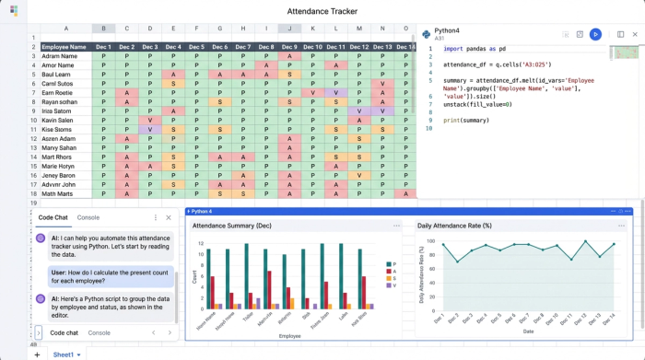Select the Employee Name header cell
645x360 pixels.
click(64, 46)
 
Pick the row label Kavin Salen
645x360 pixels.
click(58, 120)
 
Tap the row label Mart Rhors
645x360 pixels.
click(59, 157)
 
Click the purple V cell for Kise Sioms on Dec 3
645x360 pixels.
click(149, 129)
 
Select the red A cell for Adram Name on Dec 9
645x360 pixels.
click(289, 56)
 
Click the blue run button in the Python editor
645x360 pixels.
click(595, 34)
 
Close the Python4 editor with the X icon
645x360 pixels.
click(635, 34)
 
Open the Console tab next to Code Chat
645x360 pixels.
click(88, 217)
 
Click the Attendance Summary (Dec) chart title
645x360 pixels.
click(231, 226)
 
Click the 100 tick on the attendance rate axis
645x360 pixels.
click(429, 239)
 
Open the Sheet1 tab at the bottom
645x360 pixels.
click(64, 354)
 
